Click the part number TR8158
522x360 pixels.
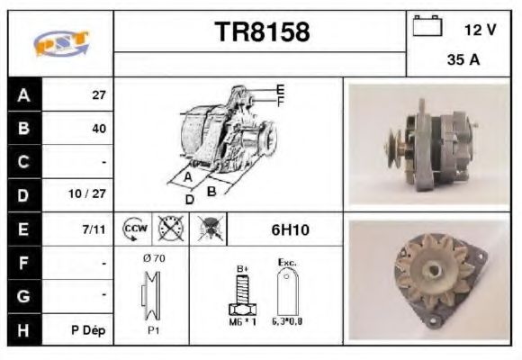[262, 32]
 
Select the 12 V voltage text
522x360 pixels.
[480, 30]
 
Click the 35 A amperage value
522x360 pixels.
[462, 60]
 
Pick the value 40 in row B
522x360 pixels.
[98, 129]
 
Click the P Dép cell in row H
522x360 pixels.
[89, 330]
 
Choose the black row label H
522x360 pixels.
[23, 330]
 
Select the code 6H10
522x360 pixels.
[290, 229]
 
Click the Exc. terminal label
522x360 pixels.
[288, 263]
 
